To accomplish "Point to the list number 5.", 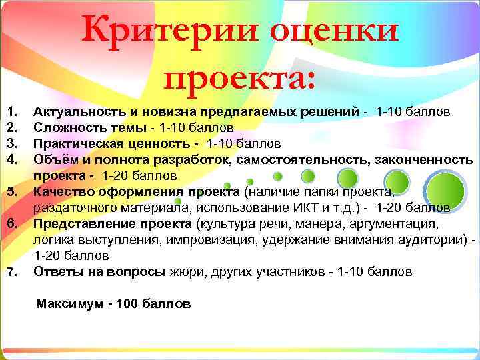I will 11,193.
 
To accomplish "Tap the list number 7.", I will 11,272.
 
